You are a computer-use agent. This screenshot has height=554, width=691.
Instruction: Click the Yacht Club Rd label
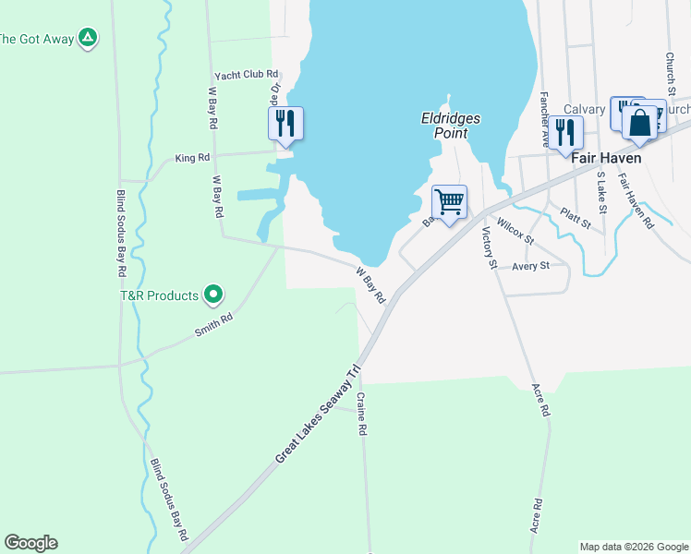[246, 75]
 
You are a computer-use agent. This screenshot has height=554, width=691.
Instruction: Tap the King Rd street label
[192, 159]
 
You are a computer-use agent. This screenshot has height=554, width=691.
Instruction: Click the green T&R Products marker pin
[213, 295]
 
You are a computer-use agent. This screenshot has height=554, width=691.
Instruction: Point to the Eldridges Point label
[447, 126]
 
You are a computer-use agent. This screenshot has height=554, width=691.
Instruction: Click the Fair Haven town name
[606, 158]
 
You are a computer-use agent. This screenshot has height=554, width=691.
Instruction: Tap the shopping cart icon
[450, 202]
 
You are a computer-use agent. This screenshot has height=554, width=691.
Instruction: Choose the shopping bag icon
[639, 123]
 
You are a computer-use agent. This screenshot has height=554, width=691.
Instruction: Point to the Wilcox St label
[515, 231]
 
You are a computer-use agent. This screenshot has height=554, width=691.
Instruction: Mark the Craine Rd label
[363, 414]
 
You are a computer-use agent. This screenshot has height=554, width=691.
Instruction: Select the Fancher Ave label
[545, 120]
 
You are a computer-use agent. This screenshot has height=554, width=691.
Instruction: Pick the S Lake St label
[601, 192]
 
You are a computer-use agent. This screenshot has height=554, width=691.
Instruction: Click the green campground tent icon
[87, 38]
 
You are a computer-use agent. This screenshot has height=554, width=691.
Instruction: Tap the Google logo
[30, 543]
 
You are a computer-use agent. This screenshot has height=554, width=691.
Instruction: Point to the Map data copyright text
[633, 547]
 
